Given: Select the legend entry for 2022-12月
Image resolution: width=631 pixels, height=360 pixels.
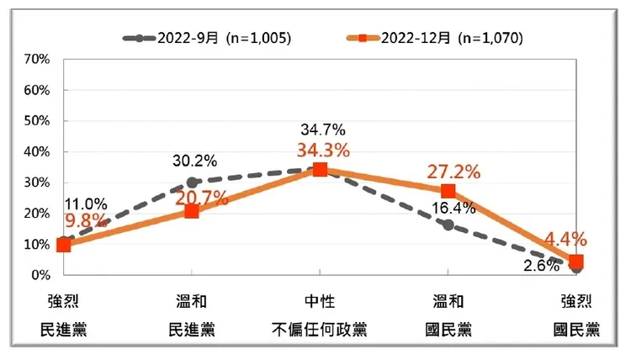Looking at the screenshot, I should tap(434, 39).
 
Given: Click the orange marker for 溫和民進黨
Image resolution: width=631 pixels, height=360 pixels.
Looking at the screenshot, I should tap(192, 211).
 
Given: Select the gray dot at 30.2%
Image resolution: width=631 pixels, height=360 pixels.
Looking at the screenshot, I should tap(192, 182).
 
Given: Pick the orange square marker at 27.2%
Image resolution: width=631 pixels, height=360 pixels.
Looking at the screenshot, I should tap(448, 191).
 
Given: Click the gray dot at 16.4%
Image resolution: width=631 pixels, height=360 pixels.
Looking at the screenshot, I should tap(448, 225).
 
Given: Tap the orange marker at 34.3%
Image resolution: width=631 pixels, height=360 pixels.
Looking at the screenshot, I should tap(320, 169).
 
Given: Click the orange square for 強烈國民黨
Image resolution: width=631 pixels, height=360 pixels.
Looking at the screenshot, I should tap(575, 262).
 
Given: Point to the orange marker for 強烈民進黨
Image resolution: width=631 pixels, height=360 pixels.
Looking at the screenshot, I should tap(64, 245).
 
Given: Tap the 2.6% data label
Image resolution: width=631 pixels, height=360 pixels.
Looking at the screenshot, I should tap(540, 267).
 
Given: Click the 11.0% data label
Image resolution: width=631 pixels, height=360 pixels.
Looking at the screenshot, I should tap(85, 204).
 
